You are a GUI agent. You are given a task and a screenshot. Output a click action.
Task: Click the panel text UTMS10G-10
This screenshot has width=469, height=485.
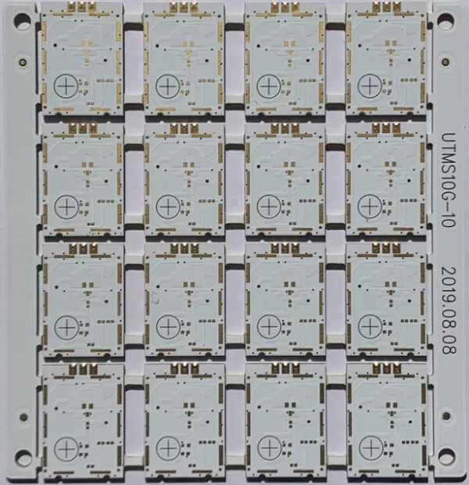click(449, 180)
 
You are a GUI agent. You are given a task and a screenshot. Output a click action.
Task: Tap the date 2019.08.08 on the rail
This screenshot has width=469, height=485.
click(449, 311)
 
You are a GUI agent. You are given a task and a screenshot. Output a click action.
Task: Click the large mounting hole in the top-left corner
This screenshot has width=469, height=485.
click(22, 20)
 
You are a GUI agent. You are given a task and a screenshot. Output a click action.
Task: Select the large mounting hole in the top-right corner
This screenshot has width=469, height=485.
click(446, 22)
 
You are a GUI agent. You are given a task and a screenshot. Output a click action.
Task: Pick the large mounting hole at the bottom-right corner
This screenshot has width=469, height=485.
click(446, 457)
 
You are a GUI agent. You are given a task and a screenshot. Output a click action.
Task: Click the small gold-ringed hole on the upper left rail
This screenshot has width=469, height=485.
click(23, 62)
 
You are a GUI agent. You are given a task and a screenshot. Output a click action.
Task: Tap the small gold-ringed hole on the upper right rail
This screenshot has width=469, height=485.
click(446, 62)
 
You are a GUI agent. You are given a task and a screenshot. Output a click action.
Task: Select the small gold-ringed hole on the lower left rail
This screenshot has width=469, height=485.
click(23, 417)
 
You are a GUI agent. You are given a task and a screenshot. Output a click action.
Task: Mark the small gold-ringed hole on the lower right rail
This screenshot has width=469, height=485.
click(446, 416)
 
